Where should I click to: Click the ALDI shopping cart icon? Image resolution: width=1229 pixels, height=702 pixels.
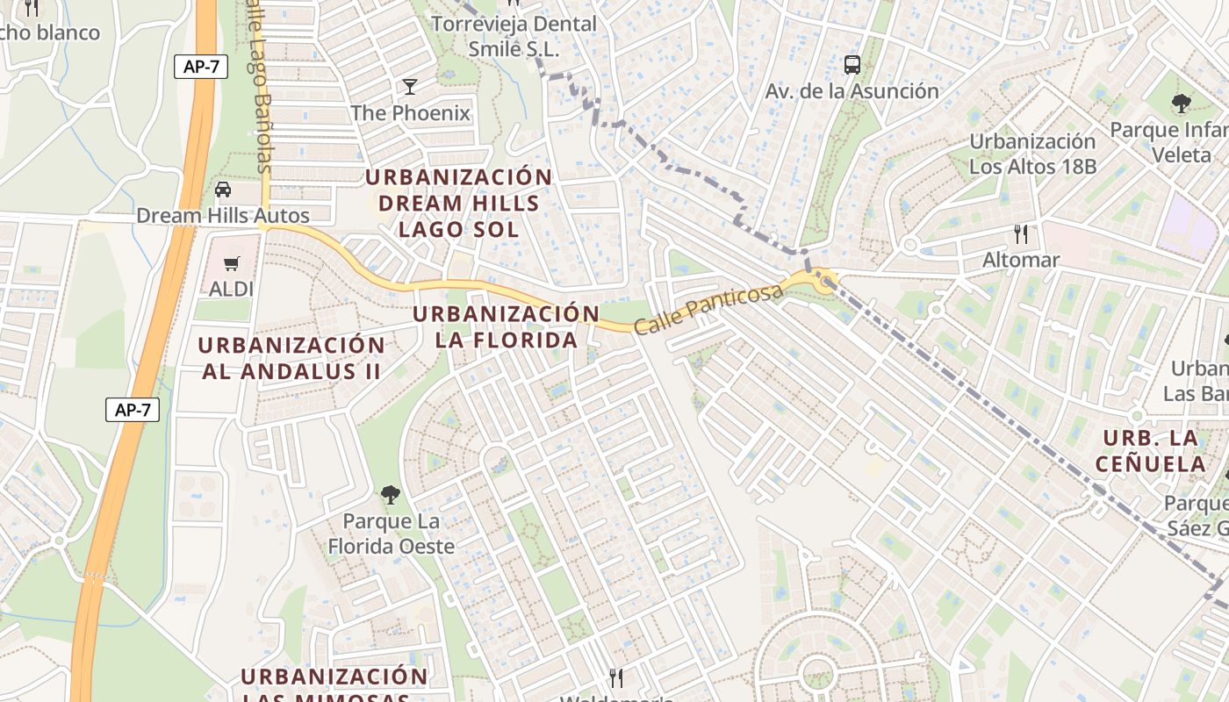232,263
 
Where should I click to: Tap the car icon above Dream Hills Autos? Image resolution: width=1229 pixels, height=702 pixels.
223,190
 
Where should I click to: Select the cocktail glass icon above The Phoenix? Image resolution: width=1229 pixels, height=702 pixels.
410,86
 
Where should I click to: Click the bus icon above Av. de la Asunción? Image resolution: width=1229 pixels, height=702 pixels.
852,64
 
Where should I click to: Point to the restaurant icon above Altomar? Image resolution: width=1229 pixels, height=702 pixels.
1020,233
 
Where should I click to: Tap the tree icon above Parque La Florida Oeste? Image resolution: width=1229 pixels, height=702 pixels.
391,495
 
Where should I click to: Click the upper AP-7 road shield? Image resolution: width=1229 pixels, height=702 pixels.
201,67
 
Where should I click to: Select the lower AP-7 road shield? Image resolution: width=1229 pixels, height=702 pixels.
133,409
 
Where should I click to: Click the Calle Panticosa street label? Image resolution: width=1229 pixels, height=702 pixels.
708,308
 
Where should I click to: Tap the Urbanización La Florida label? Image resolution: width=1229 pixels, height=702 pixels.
507,326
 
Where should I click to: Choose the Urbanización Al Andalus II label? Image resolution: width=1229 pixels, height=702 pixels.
291,358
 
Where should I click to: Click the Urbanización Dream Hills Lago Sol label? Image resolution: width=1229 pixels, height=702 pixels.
459,203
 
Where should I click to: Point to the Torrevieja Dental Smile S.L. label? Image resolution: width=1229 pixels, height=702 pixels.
514,36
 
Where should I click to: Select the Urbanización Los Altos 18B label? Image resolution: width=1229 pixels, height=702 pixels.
1032,154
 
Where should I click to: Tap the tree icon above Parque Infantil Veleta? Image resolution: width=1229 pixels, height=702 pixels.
1181,104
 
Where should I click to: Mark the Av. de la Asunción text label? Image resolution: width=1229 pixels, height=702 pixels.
852,91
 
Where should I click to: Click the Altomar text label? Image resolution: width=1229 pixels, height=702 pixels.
1021,260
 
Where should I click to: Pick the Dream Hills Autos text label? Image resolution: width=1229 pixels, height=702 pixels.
223,216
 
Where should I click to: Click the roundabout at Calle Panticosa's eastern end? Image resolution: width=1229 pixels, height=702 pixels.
823,282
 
